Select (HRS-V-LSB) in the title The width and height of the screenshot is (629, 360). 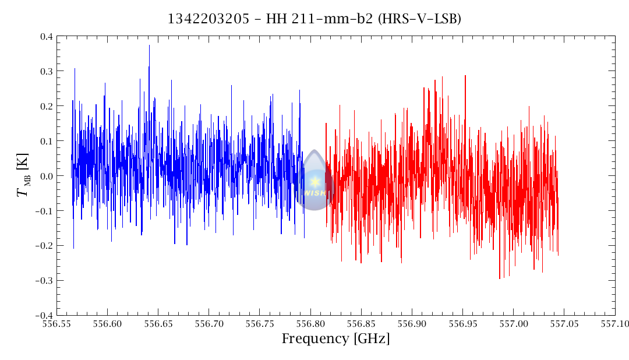(419, 19)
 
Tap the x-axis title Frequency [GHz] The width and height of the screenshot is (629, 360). (335, 339)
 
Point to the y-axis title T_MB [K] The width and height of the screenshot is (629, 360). (23, 176)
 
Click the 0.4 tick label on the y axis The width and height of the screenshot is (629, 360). (46, 37)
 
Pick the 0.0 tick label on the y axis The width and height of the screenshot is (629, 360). (46, 176)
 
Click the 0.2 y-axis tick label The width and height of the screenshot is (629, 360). (46, 107)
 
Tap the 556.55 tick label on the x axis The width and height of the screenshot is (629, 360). (58, 322)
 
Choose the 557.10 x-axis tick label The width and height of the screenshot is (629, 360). (614, 322)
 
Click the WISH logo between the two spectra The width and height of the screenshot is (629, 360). (314, 181)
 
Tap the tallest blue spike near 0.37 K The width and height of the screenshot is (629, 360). (149, 46)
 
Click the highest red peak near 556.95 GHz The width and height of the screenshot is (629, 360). (465, 76)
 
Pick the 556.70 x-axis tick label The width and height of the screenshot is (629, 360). (210, 322)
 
